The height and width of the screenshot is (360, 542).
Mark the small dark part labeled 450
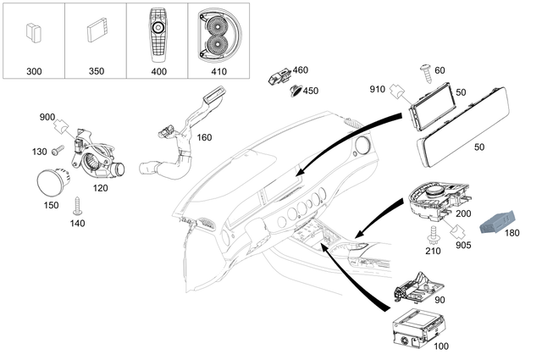294,90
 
